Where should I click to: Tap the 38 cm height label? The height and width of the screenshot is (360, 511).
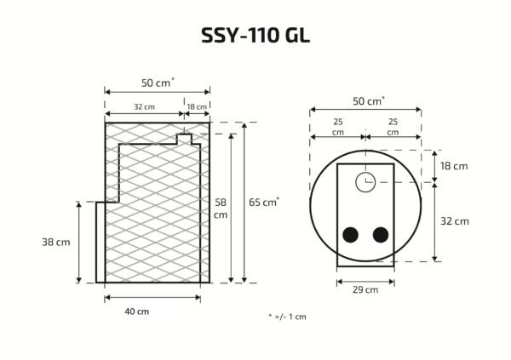56,242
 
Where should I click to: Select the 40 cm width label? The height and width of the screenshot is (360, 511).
136,311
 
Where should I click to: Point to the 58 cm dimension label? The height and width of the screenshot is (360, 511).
221,209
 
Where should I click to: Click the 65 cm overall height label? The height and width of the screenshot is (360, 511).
263,203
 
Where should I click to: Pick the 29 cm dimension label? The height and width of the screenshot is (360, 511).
365,289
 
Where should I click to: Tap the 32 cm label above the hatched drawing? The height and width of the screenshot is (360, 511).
144,107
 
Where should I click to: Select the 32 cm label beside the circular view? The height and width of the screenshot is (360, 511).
455,221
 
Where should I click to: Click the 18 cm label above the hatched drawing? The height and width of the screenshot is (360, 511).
197,107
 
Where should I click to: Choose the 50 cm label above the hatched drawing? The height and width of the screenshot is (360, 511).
157,83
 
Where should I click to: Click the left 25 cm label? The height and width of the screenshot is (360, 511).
338,127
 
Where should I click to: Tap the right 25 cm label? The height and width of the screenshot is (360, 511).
392,127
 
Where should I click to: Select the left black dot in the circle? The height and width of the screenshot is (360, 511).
350,235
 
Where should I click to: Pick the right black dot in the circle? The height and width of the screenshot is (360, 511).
381,235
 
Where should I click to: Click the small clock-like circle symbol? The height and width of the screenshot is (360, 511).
365,181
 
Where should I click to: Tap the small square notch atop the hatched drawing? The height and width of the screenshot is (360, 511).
183,137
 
